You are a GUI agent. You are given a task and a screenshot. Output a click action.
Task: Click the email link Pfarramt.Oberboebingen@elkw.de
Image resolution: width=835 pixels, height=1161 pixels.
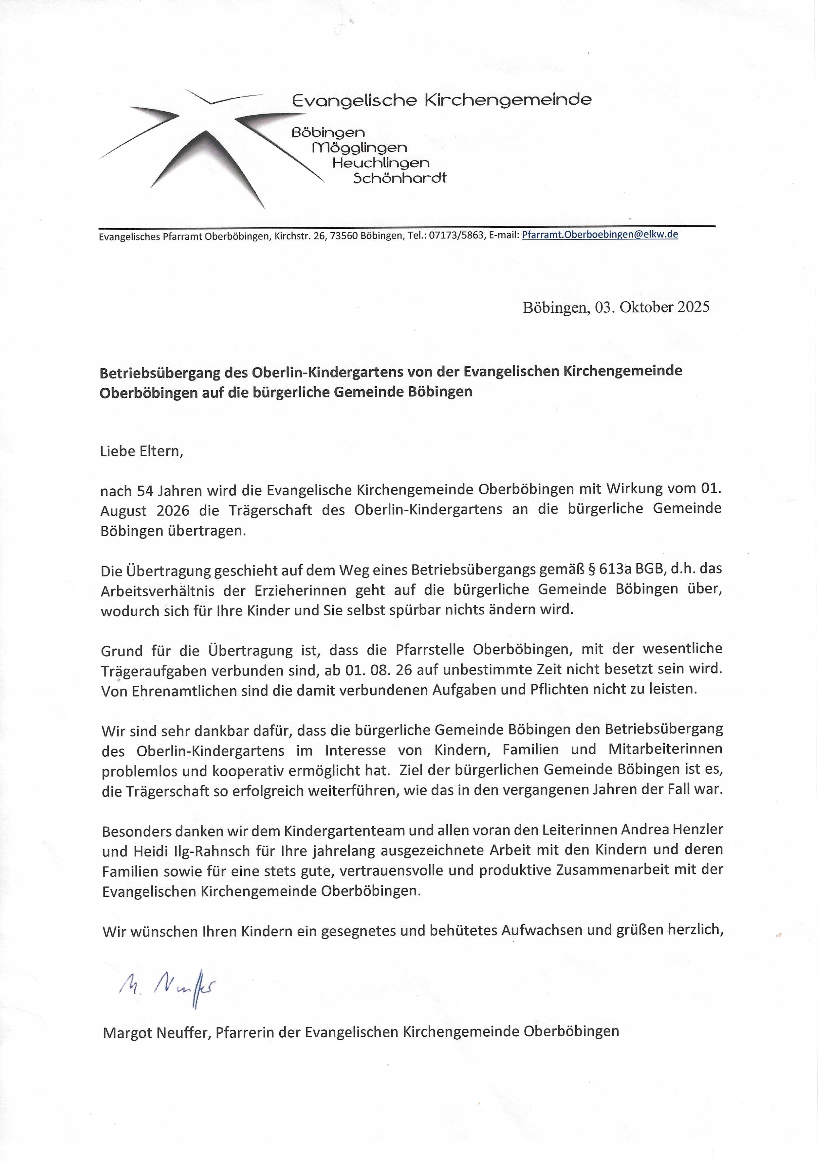coord(599,235)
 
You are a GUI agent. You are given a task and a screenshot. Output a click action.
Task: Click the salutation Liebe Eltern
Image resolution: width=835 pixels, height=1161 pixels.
coord(141,451)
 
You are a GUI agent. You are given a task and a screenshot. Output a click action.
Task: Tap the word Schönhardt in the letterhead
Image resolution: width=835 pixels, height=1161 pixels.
coord(399,179)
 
